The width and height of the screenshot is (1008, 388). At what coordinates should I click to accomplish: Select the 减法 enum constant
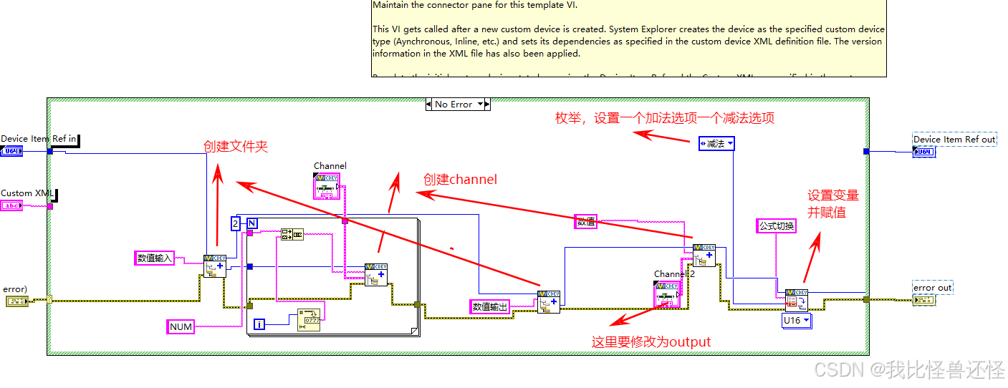pos(716,144)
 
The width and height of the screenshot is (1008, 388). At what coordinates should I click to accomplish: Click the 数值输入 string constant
pos(155,258)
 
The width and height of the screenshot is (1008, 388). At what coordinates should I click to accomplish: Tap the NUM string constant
pos(181,326)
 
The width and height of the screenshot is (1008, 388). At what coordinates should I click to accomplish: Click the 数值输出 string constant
pos(490,306)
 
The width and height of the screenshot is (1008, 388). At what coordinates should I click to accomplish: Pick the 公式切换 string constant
pos(777,226)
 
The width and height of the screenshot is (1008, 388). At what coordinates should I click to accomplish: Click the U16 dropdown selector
pos(796,321)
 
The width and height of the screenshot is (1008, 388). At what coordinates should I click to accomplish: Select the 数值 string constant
pos(586,222)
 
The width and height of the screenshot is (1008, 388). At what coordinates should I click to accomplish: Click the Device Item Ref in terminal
pos(11,151)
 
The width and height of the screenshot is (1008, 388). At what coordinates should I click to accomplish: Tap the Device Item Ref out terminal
pos(923,152)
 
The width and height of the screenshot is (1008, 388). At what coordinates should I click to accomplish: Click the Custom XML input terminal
pos(11,205)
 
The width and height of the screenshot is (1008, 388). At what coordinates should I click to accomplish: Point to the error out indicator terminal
pos(923,301)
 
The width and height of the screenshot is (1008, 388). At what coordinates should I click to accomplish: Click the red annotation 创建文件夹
pos(235,146)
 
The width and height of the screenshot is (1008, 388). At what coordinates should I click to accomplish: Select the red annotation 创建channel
pos(460,180)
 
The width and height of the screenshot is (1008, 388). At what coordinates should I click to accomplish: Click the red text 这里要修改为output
pos(651,342)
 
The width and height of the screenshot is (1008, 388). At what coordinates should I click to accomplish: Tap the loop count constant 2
pos(235,224)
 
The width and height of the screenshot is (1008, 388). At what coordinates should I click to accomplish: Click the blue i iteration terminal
pos(259,325)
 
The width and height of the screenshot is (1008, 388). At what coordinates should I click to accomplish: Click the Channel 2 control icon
pos(667,294)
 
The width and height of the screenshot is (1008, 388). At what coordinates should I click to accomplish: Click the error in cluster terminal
pos(16,301)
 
